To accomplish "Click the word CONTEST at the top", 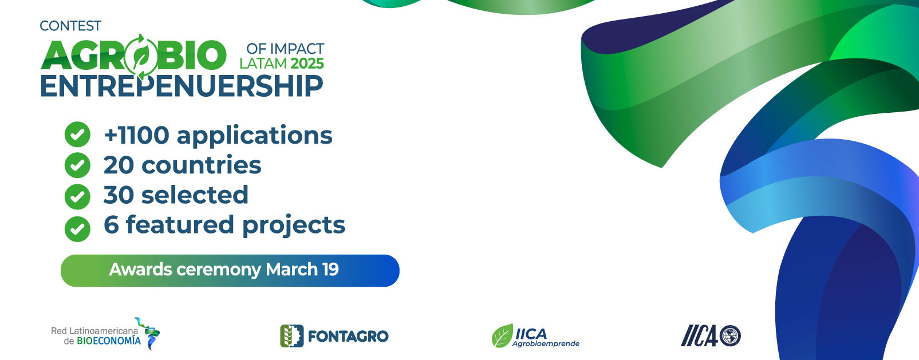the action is click(70, 26).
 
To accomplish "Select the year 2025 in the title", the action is click(307, 64).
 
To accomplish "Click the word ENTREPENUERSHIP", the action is click(182, 86).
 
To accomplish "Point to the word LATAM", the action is click(263, 64).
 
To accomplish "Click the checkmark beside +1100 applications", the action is click(77, 134).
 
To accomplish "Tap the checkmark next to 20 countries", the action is click(77, 165).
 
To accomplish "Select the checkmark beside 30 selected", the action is click(77, 197).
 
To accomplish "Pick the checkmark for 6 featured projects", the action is click(77, 229).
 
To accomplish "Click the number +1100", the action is click(137, 135).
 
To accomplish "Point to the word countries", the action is click(202, 165).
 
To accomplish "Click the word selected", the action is click(195, 195).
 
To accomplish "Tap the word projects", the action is click(294, 226).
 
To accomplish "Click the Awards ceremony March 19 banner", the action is click(230, 271).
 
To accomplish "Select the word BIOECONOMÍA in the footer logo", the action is click(109, 341).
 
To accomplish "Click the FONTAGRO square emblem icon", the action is click(291, 336).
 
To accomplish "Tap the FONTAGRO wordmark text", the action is click(348, 337).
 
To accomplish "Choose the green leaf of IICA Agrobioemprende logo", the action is click(503, 336).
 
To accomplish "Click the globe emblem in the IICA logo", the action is click(730, 336).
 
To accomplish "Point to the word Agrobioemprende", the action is click(546, 343).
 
